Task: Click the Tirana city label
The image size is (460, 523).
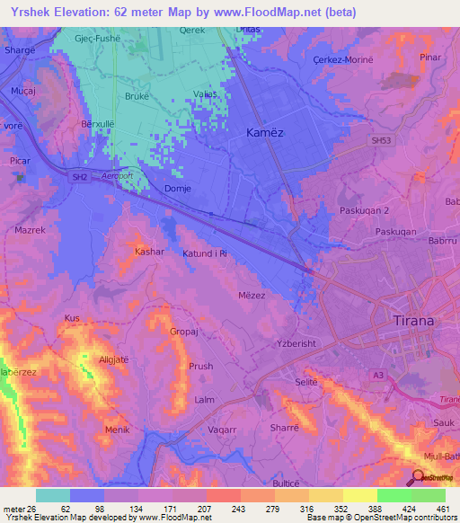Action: coord(414,321)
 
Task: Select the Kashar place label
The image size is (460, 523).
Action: coord(149,252)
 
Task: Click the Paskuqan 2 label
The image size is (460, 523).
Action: coord(365,209)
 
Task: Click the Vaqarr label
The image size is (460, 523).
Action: coord(222,430)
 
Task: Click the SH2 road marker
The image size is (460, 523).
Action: coord(80,178)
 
